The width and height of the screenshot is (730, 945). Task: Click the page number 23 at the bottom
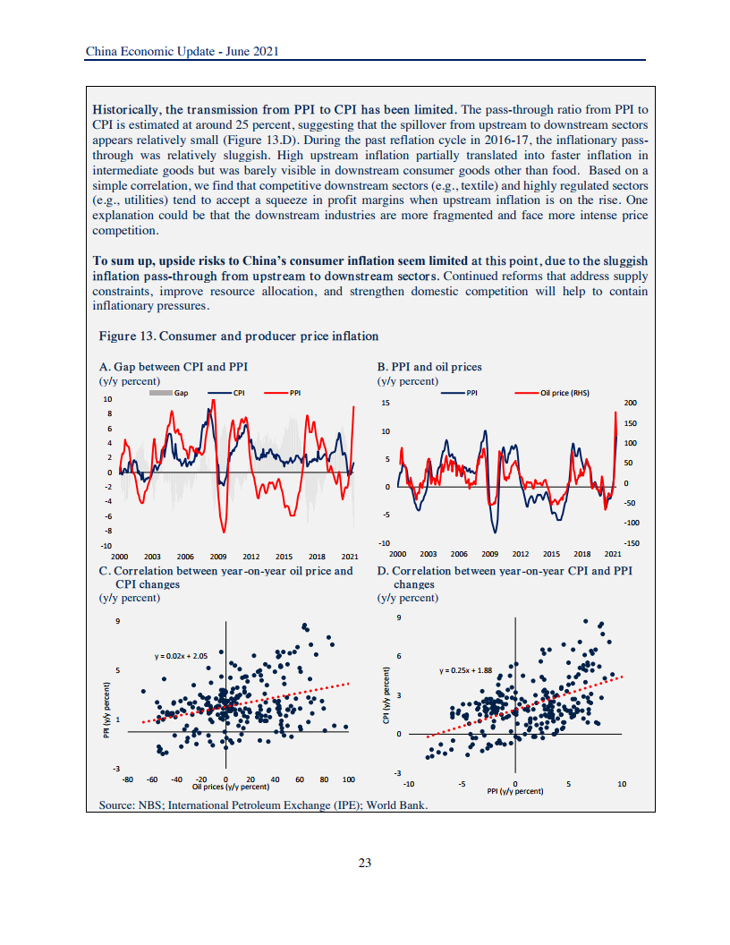tap(364, 863)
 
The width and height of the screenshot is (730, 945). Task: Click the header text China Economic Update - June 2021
tap(182, 52)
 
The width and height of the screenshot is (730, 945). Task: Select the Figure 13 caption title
tap(238, 336)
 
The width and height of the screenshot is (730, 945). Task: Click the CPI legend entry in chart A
tap(230, 393)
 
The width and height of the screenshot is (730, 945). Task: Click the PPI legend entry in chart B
tap(465, 393)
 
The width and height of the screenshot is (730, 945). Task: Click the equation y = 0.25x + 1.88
tap(465, 669)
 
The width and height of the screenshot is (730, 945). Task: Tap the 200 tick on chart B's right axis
tap(630, 404)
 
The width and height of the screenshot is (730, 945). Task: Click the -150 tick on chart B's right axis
tap(630, 542)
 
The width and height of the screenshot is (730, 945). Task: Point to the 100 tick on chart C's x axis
tap(348, 779)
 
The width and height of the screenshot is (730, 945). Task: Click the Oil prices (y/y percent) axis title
tap(231, 787)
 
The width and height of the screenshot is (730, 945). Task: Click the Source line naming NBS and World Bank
tap(263, 805)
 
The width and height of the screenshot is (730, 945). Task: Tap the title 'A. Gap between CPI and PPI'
tap(174, 367)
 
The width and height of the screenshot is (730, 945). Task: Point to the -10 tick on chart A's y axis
tap(106, 545)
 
